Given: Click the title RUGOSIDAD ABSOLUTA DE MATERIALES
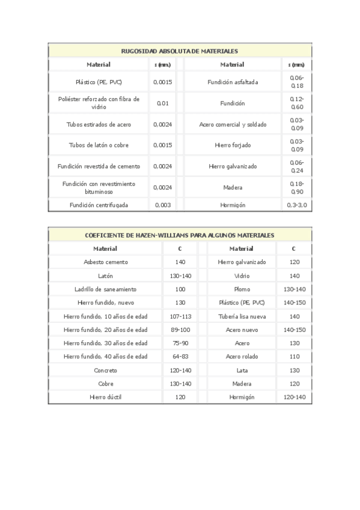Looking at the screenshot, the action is pyautogui.click(x=180, y=51).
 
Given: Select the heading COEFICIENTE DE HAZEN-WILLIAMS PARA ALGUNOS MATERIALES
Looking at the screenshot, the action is pyautogui.click(x=180, y=235).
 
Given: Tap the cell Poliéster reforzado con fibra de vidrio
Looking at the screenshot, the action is pyautogui.click(x=99, y=102).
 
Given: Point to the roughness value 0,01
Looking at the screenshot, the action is pyautogui.click(x=162, y=103).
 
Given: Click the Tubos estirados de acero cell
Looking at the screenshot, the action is pyautogui.click(x=99, y=124).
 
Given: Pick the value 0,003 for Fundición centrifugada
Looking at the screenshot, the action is pyautogui.click(x=162, y=204).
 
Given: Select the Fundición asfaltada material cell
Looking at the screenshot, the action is pyautogui.click(x=232, y=82).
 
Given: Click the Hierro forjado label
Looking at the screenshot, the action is pyautogui.click(x=232, y=145).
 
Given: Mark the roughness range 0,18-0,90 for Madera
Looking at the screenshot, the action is pyautogui.click(x=296, y=187).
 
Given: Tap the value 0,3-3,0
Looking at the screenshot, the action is pyautogui.click(x=296, y=204).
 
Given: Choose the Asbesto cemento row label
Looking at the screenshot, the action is pyautogui.click(x=105, y=262).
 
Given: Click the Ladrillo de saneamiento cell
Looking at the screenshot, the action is pyautogui.click(x=105, y=289).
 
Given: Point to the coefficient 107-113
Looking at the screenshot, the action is pyautogui.click(x=180, y=316).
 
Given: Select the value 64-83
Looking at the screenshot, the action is pyautogui.click(x=180, y=357).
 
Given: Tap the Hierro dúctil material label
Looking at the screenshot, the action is pyautogui.click(x=105, y=398).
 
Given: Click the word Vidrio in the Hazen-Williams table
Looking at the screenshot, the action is pyautogui.click(x=242, y=276).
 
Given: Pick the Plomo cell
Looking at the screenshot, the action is pyautogui.click(x=242, y=289).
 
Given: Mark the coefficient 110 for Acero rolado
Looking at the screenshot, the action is pyautogui.click(x=294, y=357).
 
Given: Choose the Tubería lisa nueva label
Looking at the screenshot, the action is pyautogui.click(x=242, y=316).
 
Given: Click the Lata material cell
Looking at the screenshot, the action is pyautogui.click(x=242, y=370).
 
